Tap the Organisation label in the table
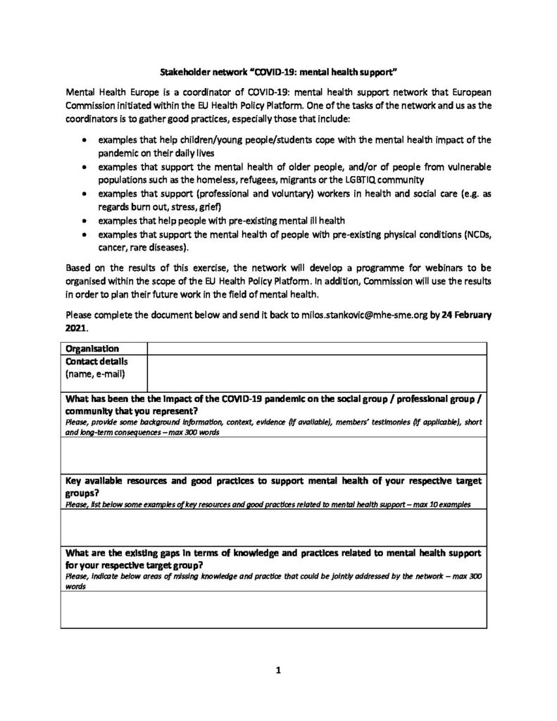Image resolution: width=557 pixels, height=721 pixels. pos(92,348)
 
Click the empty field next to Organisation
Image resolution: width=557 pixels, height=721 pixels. pos(316,348)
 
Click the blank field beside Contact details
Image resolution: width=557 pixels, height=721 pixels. pos(316,372)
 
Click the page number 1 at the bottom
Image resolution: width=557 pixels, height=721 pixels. pos(279,670)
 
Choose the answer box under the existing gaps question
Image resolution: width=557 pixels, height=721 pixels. pos(274,608)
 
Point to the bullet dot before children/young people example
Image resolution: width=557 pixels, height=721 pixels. pos(84,140)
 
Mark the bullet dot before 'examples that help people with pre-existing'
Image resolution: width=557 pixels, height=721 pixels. pos(84,220)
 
